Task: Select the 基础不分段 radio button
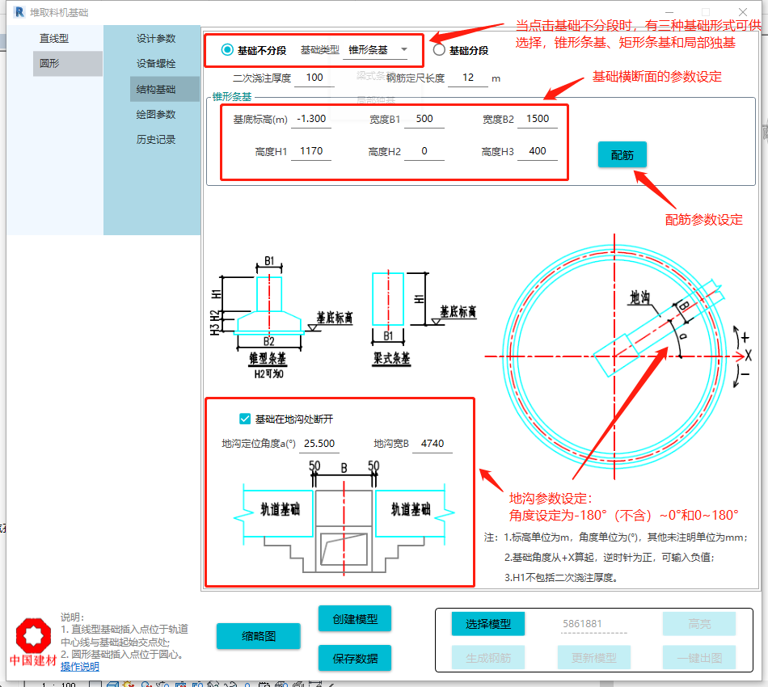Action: (227, 50)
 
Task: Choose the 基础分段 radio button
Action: (439, 50)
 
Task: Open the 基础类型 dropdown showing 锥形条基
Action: (378, 50)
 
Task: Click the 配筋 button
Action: (622, 155)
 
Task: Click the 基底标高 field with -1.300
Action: (311, 119)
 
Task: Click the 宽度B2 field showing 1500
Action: (538, 119)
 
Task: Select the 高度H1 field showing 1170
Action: (311, 151)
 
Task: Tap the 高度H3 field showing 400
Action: (538, 151)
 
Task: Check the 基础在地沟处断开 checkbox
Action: (245, 419)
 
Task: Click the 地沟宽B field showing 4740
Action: (433, 444)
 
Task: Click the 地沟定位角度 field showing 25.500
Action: (319, 444)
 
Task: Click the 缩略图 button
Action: (259, 636)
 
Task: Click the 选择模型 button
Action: (488, 624)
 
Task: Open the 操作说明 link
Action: (80, 667)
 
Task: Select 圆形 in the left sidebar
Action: (50, 64)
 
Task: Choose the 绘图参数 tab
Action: (156, 115)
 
